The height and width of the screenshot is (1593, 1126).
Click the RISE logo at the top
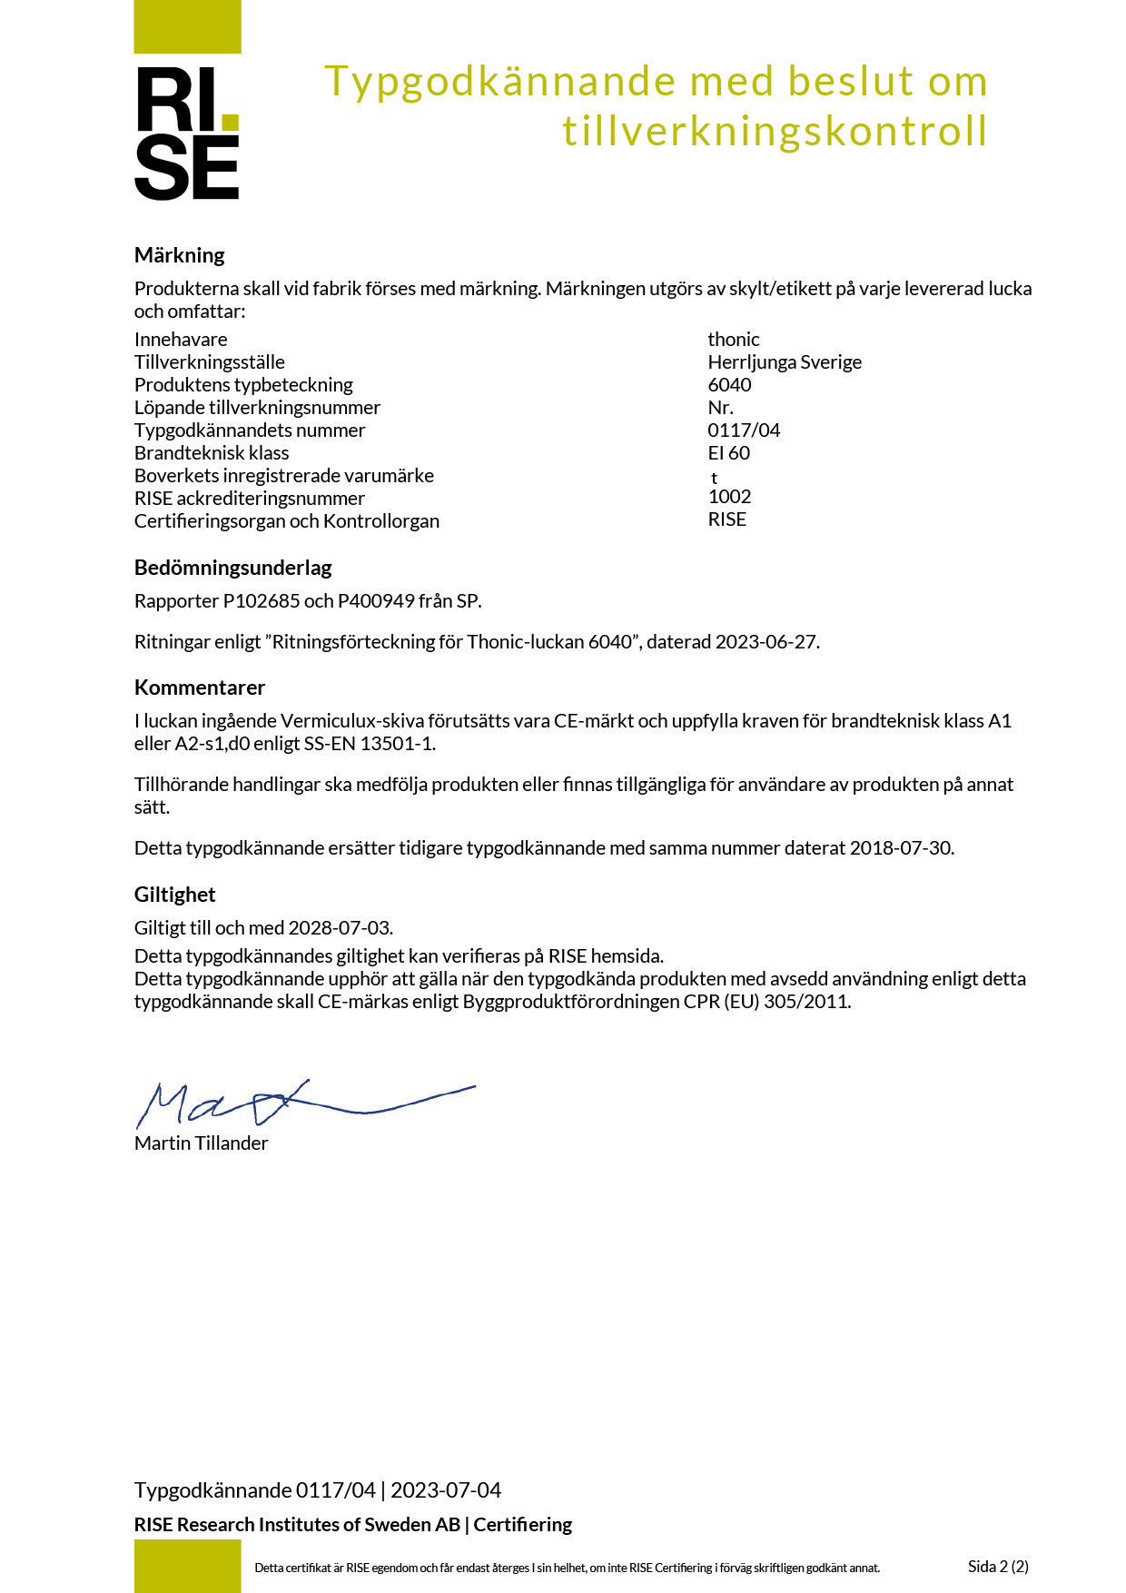pyautogui.click(x=187, y=133)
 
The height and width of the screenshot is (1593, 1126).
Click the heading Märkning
pyautogui.click(x=180, y=255)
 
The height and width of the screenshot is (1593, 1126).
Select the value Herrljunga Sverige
pyautogui.click(x=785, y=362)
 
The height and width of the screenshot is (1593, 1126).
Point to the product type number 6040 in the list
pyautogui.click(x=729, y=385)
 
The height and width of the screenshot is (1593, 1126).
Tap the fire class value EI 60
pyautogui.click(x=728, y=453)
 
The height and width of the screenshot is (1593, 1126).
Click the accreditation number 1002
pyautogui.click(x=729, y=497)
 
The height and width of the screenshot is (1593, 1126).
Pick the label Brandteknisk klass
pyautogui.click(x=212, y=453)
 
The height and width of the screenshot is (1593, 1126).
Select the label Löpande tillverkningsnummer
pyautogui.click(x=257, y=408)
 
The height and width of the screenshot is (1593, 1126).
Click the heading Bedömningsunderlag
pyautogui.click(x=232, y=568)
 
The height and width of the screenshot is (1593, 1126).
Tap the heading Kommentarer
pyautogui.click(x=200, y=688)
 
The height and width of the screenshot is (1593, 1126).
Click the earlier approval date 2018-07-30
pyautogui.click(x=900, y=848)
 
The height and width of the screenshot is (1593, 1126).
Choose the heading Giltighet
pyautogui.click(x=174, y=895)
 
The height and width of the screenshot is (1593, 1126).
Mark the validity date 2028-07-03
pyautogui.click(x=339, y=928)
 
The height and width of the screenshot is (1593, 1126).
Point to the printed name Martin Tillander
pyautogui.click(x=201, y=1143)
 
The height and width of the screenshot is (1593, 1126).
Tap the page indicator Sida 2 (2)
pyautogui.click(x=998, y=1567)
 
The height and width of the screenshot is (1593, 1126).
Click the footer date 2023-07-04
pyautogui.click(x=446, y=1490)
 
